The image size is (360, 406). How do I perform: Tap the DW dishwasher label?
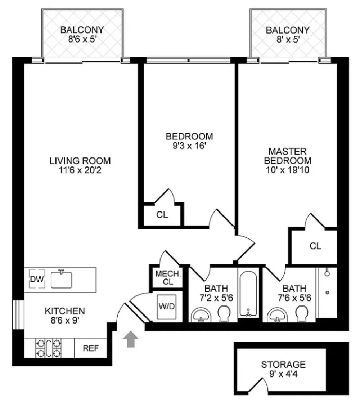click(x=37, y=279)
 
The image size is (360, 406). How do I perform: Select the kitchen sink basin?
click(x=61, y=279)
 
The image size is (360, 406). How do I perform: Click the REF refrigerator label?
click(x=91, y=348)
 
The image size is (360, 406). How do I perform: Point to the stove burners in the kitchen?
click(x=49, y=348)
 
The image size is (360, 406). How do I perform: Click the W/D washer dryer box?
click(x=167, y=307)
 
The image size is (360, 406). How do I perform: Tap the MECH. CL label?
click(x=168, y=277)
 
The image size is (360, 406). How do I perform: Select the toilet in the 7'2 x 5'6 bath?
click(x=224, y=313)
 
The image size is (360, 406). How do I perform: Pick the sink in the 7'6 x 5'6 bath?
click(x=277, y=315)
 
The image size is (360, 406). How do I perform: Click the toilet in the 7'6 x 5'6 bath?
click(x=302, y=313)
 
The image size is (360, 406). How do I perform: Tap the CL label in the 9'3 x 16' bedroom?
click(x=162, y=215)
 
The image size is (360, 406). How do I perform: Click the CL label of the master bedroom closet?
click(x=315, y=246)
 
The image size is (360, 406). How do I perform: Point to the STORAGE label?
click(x=283, y=365)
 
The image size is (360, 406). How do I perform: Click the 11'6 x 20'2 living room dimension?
click(x=80, y=170)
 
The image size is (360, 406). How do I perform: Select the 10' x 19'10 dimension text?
click(x=288, y=170)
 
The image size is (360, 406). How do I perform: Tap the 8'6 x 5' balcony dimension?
click(x=82, y=39)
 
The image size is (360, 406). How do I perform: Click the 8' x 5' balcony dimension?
click(x=288, y=39)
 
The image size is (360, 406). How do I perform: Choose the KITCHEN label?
click(x=65, y=311)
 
